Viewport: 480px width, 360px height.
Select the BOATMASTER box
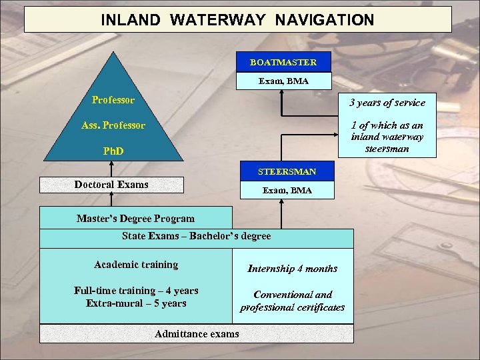283,63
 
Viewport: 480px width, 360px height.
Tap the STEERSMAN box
287,172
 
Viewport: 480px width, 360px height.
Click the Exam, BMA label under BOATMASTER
283,81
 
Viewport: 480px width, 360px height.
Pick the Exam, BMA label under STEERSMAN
287,191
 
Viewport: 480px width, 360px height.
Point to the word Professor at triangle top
113,101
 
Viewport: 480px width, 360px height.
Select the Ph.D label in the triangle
113,151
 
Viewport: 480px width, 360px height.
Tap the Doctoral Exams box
111,185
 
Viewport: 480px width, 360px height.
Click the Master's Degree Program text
136,219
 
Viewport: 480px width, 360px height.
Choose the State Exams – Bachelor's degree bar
197,237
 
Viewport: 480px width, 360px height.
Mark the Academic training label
136,265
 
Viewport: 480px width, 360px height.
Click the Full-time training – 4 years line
136,291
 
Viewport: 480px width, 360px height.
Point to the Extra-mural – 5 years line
136,304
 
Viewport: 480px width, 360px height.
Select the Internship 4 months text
293,269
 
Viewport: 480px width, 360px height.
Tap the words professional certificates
293,308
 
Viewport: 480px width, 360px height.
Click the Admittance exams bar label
197,334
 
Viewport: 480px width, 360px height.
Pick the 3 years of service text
387,103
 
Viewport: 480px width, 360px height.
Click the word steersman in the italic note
387,149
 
